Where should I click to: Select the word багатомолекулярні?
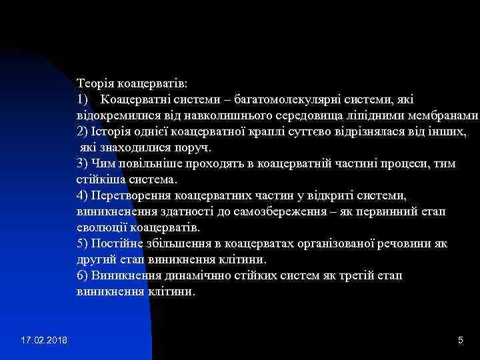coord(281,100)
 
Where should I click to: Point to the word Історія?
coord(106,132)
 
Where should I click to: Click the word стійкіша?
coord(101,179)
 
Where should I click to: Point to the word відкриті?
coord(313,195)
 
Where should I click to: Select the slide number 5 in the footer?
coord(460,341)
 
